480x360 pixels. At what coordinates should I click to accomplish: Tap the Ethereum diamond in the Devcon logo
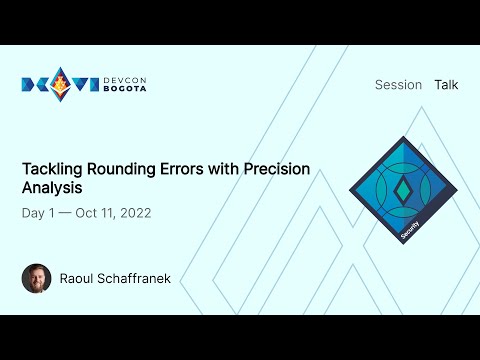click(62, 85)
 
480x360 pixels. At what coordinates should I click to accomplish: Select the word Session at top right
click(398, 85)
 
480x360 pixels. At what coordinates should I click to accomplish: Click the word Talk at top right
click(446, 85)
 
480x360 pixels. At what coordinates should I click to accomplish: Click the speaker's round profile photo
click(36, 277)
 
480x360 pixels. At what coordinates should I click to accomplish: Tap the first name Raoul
click(79, 278)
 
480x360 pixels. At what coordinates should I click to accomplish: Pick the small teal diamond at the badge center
click(403, 189)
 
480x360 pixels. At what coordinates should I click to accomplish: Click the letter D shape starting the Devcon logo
click(29, 85)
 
